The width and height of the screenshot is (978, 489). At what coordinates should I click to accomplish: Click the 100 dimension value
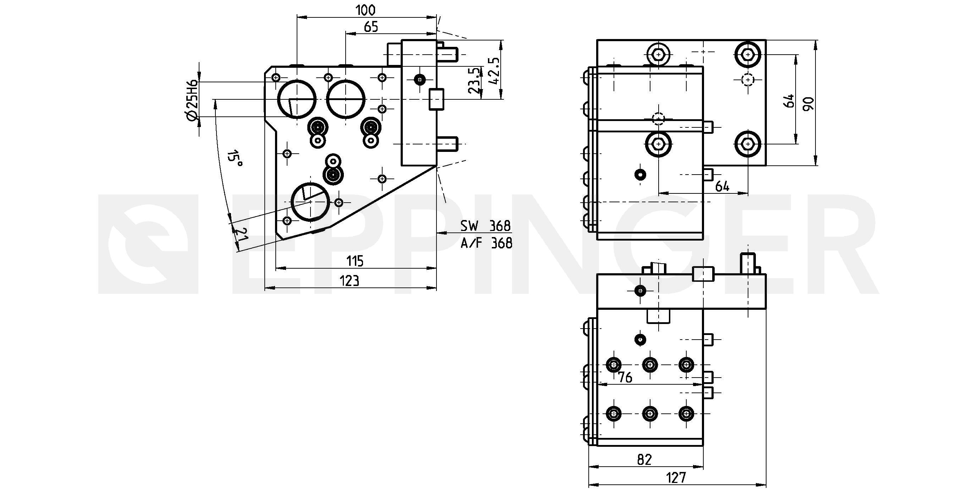point(365,10)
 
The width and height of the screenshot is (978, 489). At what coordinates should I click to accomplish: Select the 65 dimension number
point(371,27)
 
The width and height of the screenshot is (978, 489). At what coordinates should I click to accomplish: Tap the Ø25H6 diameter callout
point(192,101)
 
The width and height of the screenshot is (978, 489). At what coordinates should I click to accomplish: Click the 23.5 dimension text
point(474,81)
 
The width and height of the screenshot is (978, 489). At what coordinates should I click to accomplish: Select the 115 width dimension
point(355,261)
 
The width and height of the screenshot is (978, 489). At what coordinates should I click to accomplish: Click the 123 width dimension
point(349,281)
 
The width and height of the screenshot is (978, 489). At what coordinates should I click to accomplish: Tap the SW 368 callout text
point(485,226)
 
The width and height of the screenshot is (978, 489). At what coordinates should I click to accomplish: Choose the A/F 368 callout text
point(487,243)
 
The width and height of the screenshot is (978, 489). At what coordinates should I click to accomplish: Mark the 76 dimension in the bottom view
point(625,377)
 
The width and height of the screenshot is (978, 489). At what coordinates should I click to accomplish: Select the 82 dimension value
point(644,460)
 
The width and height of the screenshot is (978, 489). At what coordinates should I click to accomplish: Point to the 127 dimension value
point(676,478)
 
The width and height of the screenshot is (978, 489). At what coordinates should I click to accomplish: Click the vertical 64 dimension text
point(789,101)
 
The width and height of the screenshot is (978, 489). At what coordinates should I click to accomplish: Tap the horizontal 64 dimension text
point(722,186)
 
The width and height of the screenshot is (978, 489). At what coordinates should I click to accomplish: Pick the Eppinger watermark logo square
point(148,244)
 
